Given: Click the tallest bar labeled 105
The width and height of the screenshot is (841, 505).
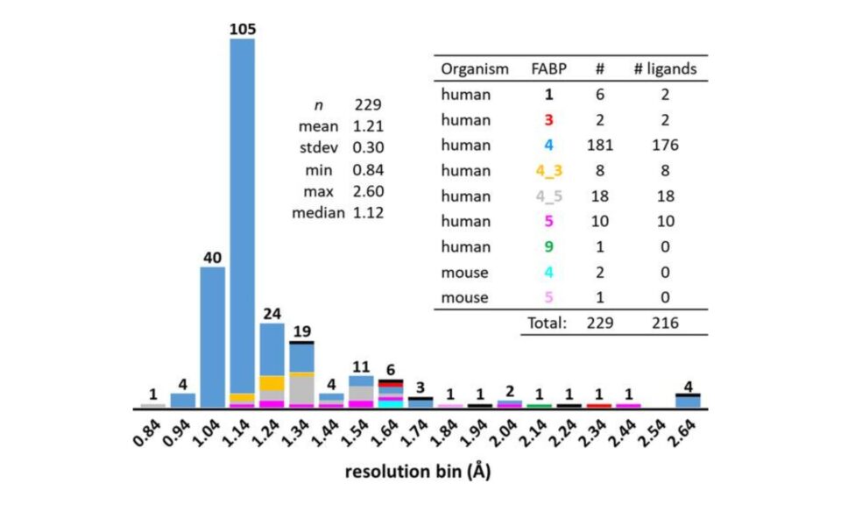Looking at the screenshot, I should tap(242, 219).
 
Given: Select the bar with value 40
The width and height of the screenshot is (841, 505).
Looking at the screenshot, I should tap(212, 338).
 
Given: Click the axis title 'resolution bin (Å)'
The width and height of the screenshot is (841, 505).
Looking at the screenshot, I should tap(418, 473).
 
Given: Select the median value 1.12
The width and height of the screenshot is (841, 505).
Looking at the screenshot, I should tap(371, 212).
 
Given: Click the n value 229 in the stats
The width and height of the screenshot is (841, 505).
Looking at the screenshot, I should tap(371, 103).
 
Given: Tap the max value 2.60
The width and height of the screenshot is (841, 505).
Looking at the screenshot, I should tap(371, 190).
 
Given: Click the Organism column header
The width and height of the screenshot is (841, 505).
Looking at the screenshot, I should tap(474, 68).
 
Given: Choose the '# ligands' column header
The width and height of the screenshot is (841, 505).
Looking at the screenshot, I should tap(665, 68).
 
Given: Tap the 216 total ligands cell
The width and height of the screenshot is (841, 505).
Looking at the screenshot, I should tap(665, 323).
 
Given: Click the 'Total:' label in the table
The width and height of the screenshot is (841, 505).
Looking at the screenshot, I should tap(548, 323).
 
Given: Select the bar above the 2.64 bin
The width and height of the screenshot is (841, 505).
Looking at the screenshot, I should tap(688, 401).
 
